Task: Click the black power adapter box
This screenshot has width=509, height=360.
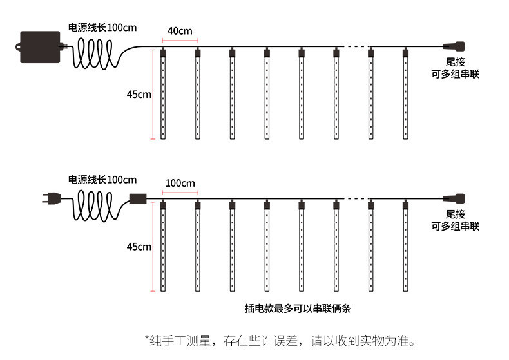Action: pos(39,46)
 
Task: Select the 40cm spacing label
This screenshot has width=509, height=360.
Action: pos(180,31)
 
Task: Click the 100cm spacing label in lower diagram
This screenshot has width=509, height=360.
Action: pos(180,184)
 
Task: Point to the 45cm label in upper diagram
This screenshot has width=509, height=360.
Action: pos(139,94)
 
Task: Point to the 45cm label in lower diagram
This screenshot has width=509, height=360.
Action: pos(139,247)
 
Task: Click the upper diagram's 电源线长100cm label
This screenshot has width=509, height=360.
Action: pos(102,28)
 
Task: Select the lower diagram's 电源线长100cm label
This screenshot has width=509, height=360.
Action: pos(102,180)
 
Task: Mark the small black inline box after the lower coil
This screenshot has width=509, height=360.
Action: pos(137,199)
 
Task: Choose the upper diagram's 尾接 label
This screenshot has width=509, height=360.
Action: pos(455,62)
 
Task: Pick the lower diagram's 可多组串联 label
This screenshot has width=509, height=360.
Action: pos(455,226)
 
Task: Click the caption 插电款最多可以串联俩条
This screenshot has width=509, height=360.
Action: pos(298,308)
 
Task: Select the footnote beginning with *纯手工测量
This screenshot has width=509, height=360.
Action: pos(280,339)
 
